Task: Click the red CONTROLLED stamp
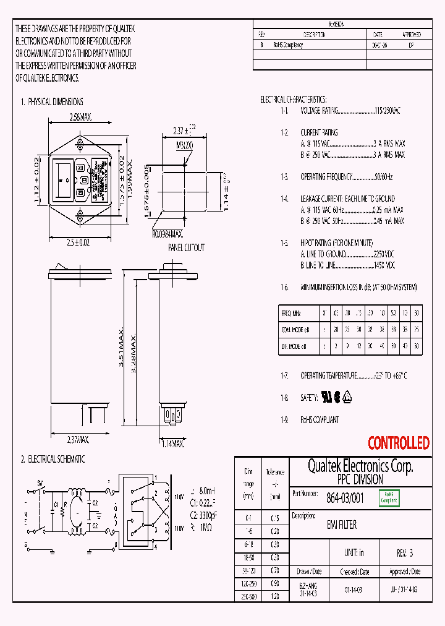tap(398, 443)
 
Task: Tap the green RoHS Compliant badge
tap(389, 497)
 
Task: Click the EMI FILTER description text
tap(341, 525)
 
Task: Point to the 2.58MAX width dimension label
tap(80, 117)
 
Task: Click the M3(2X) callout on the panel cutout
tap(185, 145)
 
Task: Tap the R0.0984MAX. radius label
tap(167, 234)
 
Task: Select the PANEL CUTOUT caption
tap(186, 247)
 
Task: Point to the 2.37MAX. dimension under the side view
tap(78, 440)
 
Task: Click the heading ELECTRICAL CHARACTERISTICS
tap(294, 99)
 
